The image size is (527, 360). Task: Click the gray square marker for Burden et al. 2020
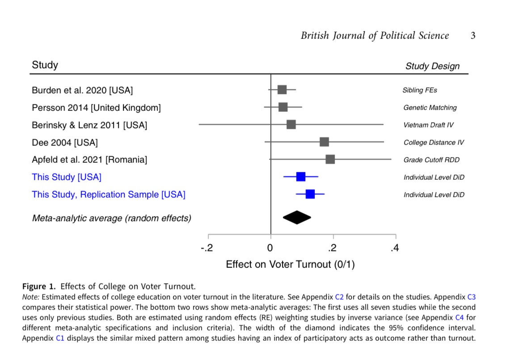click(x=282, y=90)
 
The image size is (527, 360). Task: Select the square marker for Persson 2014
click(x=283, y=107)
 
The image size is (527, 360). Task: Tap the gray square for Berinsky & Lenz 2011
click(x=291, y=124)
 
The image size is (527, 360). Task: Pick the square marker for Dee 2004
click(x=325, y=142)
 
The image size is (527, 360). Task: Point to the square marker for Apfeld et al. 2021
click(x=330, y=160)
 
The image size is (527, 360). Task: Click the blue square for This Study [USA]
click(x=301, y=177)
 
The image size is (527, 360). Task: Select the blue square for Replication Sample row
click(x=310, y=194)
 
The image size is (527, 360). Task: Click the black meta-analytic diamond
click(x=297, y=218)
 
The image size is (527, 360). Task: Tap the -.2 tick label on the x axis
click(x=206, y=248)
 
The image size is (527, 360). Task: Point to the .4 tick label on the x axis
click(x=394, y=248)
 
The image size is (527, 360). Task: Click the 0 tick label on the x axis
click(x=270, y=248)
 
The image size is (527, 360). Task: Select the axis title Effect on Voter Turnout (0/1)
click(x=290, y=264)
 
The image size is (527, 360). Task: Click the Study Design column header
click(x=432, y=66)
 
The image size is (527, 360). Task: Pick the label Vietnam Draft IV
click(x=428, y=125)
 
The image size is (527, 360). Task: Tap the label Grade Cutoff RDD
click(x=431, y=160)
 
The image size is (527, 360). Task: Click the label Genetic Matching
click(x=430, y=108)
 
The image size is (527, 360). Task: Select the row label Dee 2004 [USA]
click(x=65, y=143)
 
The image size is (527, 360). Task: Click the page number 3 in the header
click(x=472, y=36)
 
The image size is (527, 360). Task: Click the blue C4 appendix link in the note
click(x=459, y=318)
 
